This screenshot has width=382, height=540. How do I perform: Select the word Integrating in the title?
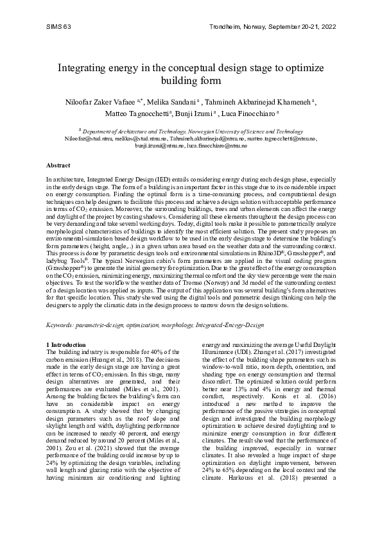point(83,68)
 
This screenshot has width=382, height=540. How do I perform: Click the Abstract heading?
point(59,165)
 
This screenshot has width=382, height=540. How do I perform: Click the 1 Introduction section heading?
point(67,345)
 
